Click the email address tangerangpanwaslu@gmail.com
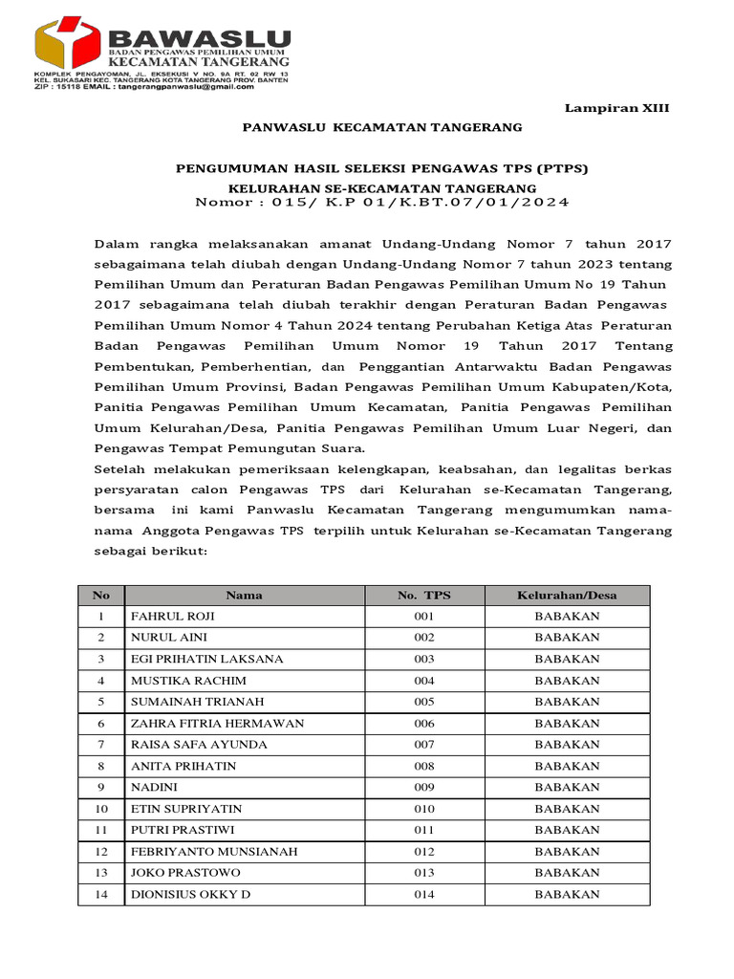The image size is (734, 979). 183,86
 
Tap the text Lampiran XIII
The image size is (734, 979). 617,109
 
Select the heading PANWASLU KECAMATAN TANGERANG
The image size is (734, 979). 382,127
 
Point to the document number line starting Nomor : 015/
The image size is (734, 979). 382,202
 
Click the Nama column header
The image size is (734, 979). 244,595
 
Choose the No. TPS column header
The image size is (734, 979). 423,595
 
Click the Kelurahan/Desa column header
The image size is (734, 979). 567,595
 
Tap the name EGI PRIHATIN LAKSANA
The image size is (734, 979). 194,659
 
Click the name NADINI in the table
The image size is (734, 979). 152,788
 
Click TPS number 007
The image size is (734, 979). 423,745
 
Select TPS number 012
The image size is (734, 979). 423,852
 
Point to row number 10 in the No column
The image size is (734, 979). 101,809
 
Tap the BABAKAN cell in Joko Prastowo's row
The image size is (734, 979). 567,873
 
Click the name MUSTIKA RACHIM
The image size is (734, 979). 188,681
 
